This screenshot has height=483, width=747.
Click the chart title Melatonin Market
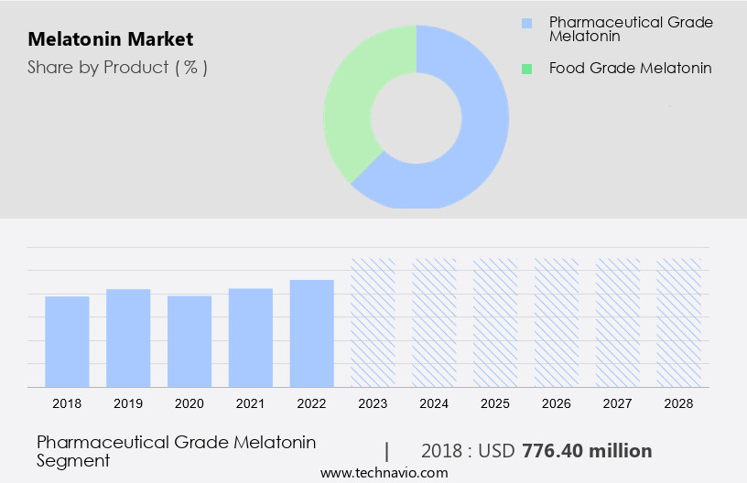[x=110, y=40]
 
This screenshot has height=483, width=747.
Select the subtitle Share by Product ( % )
[x=117, y=68]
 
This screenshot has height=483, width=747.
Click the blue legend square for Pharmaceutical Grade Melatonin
[x=525, y=23]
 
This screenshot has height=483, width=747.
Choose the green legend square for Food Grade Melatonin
[x=525, y=69]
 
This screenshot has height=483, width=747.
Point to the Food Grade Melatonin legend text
[x=630, y=69]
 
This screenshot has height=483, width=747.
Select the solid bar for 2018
[x=67, y=341]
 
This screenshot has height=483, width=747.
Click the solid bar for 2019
[x=128, y=338]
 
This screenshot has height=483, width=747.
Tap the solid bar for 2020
[x=189, y=341]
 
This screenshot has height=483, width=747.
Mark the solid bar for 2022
[x=312, y=333]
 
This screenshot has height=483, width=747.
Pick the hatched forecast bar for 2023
[x=373, y=322]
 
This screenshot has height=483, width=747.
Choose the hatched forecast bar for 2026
[x=557, y=322]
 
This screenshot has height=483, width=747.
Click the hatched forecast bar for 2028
[x=679, y=322]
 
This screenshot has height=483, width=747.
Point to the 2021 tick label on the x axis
[x=251, y=403]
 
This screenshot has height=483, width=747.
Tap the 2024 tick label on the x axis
[x=434, y=403]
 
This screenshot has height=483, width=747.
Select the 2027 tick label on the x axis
[x=618, y=403]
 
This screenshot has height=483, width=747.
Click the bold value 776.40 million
[x=587, y=451]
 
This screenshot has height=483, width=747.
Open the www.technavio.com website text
[x=384, y=473]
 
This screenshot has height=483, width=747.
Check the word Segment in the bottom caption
[x=73, y=460]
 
